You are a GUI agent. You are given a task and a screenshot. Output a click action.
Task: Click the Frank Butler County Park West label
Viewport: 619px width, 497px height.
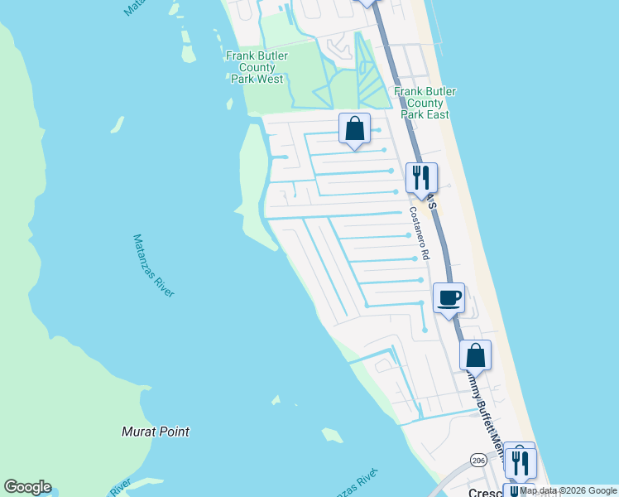[257, 67]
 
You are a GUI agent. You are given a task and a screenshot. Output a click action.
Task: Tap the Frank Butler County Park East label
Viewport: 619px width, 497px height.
[425, 103]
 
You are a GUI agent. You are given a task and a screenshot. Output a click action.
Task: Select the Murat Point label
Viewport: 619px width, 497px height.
[156, 432]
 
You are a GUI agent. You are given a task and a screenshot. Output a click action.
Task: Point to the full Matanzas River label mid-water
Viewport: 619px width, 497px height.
[154, 266]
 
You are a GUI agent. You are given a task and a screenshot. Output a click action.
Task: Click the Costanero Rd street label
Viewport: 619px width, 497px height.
[418, 234]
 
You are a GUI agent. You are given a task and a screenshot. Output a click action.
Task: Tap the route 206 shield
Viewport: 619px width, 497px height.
[478, 460]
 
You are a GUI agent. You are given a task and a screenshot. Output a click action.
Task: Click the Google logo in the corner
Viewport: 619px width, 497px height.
[27, 487]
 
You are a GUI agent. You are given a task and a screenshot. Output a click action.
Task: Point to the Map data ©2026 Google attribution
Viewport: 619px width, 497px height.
[568, 491]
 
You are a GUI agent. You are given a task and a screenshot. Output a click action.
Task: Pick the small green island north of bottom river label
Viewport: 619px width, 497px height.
[332, 435]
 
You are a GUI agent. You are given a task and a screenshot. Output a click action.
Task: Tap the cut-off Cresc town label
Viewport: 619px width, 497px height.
[485, 493]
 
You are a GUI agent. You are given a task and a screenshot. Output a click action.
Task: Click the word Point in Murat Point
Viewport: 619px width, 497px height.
[175, 432]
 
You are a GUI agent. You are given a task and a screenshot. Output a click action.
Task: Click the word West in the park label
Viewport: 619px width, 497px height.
[269, 80]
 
